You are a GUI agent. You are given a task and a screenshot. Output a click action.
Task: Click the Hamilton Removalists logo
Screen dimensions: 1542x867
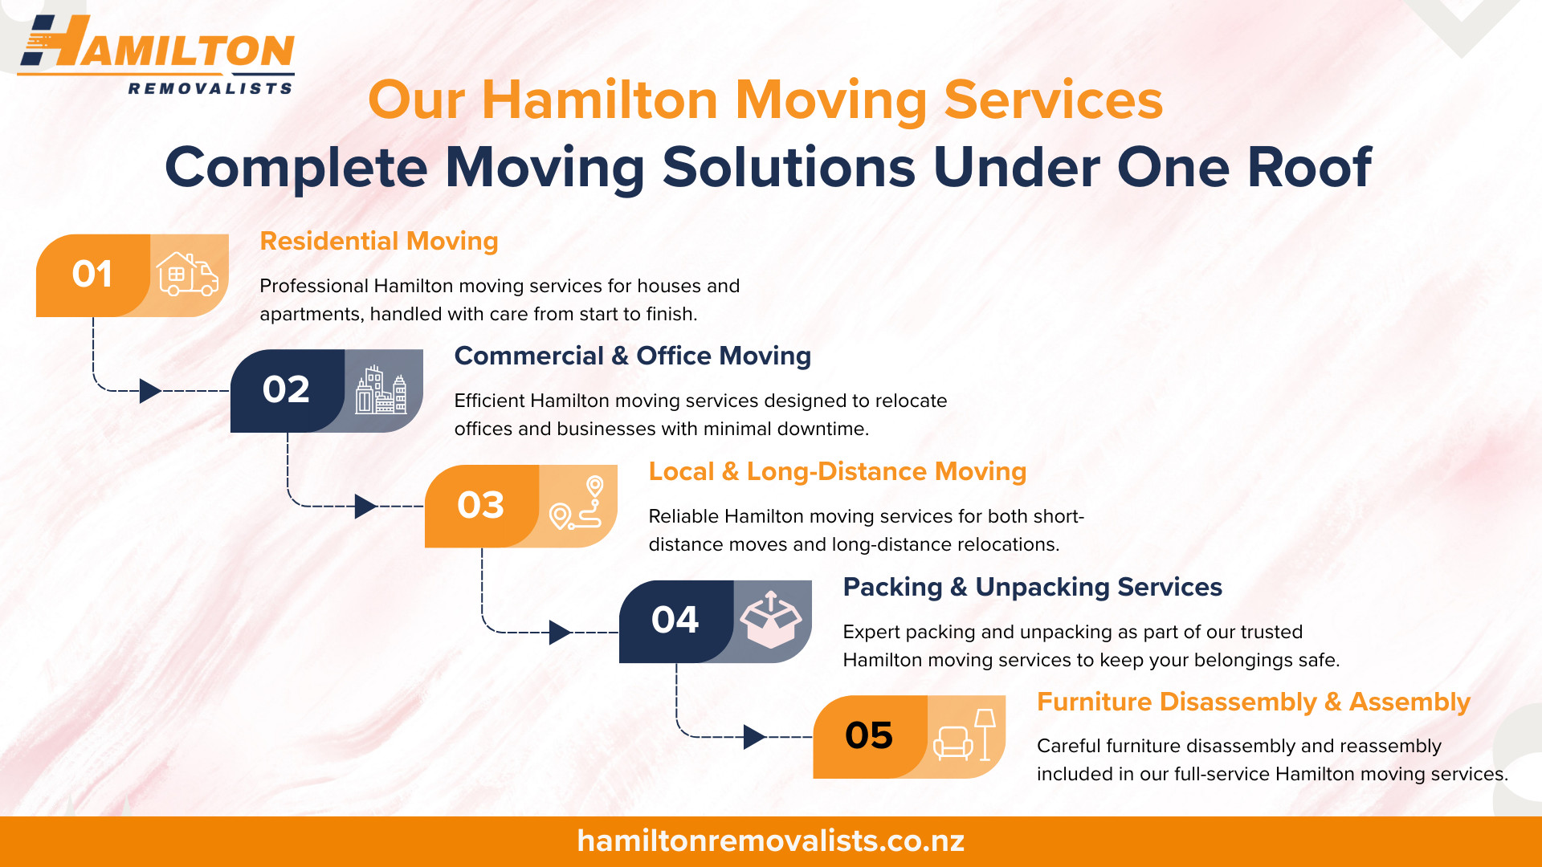[157, 55]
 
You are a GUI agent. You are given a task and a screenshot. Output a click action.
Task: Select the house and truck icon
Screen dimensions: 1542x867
[187, 274]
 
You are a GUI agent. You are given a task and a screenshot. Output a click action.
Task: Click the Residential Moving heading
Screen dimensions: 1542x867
[379, 241]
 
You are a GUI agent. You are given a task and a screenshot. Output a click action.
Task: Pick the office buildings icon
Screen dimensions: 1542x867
[381, 389]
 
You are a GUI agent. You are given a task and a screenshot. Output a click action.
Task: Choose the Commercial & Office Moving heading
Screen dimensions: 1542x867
[633, 356]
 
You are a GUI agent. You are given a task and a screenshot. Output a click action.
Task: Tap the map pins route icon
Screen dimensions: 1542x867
[576, 503]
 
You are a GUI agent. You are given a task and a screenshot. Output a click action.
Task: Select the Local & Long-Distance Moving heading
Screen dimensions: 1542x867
[838, 471]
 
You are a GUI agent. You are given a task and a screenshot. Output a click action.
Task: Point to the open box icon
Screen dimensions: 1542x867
[771, 620]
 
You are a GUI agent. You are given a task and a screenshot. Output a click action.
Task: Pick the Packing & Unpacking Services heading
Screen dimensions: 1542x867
[1033, 587]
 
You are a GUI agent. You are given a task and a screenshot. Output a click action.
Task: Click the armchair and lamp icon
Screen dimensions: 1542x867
[965, 735]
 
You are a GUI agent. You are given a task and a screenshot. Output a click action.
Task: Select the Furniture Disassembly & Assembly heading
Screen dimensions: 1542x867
[1254, 702]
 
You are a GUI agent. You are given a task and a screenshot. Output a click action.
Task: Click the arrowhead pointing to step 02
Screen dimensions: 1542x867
[150, 391]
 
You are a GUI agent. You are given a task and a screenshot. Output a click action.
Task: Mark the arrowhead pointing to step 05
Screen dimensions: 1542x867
[754, 737]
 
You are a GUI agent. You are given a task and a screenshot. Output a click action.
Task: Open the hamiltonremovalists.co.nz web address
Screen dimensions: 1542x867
[771, 841]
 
